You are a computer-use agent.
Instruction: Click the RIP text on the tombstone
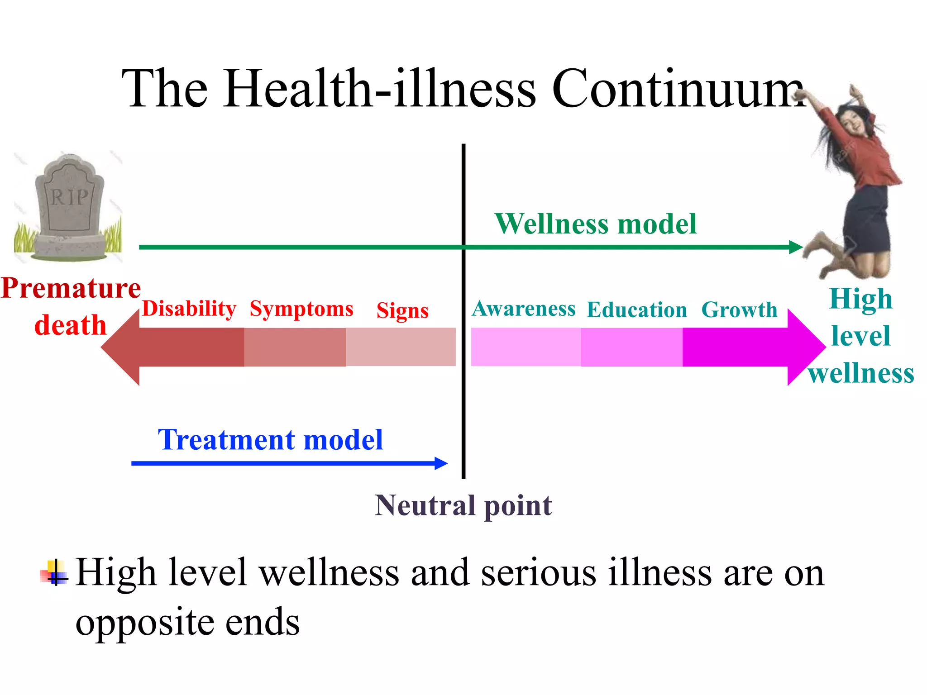[69, 197]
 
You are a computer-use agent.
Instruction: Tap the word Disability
[189, 309]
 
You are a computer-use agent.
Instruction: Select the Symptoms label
[301, 309]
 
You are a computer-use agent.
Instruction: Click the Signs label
[402, 311]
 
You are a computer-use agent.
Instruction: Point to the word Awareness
[524, 309]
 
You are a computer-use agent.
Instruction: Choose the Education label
[637, 310]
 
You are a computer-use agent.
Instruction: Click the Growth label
[739, 310]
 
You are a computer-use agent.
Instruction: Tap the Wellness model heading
[596, 224]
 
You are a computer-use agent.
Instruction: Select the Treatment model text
[270, 440]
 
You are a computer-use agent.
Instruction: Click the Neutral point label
[463, 505]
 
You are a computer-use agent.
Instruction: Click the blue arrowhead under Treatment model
[441, 463]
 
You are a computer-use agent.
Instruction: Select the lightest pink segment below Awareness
[526, 347]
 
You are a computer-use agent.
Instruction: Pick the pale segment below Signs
[401, 347]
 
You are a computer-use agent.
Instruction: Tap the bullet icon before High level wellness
[54, 573]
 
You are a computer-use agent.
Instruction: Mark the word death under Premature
[70, 325]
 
